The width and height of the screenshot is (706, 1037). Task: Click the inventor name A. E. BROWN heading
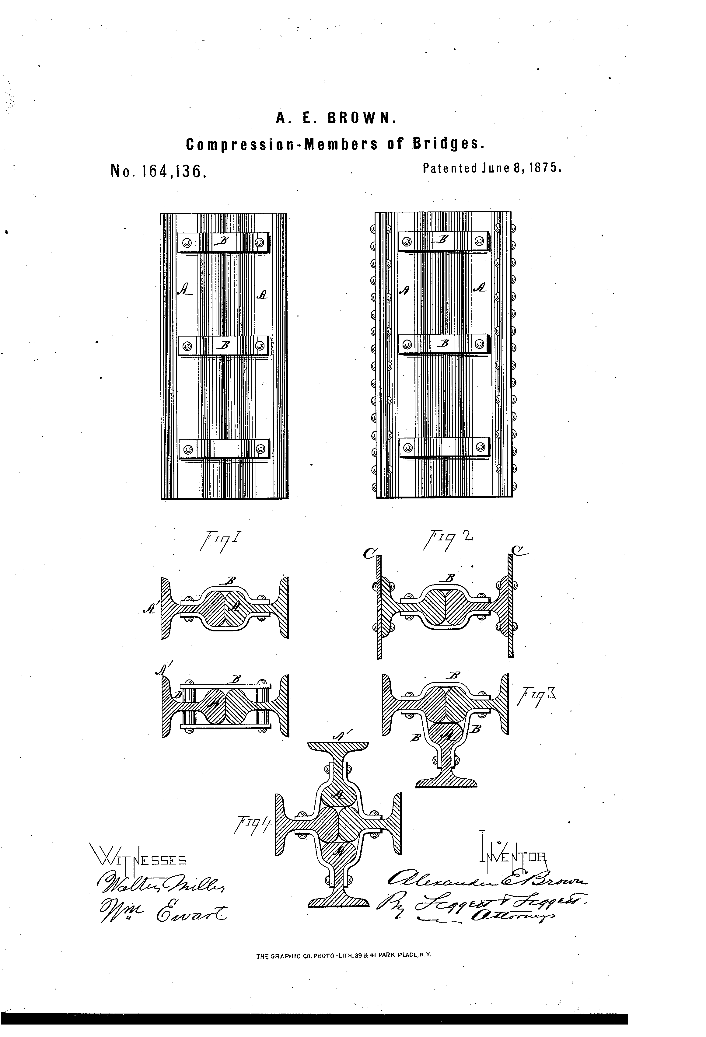pos(336,118)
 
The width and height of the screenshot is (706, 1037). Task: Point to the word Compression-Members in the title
pos(281,144)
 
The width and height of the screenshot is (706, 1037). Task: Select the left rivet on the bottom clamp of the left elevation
pos(188,449)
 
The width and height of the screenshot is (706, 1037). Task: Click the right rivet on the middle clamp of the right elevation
pos(480,344)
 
